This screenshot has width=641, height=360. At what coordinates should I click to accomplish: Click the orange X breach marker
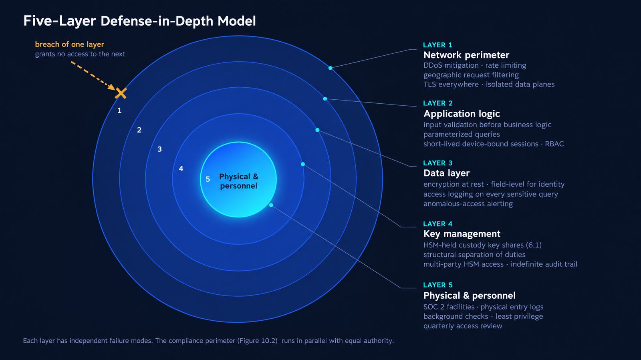pyautogui.click(x=121, y=93)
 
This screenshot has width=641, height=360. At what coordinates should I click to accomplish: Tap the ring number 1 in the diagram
pyautogui.click(x=119, y=111)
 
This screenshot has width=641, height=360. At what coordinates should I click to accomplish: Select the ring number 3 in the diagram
pyautogui.click(x=160, y=149)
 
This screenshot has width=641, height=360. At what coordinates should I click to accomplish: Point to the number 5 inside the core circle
pyautogui.click(x=208, y=179)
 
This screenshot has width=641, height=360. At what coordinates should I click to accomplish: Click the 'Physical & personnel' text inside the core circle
pyautogui.click(x=239, y=181)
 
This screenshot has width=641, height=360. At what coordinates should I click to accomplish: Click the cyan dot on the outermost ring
pyautogui.click(x=330, y=68)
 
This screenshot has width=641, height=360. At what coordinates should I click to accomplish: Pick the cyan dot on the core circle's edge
pyautogui.click(x=271, y=205)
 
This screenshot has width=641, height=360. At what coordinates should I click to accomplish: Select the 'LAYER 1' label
pyautogui.click(x=437, y=45)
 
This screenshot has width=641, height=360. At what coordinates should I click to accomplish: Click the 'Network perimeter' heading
pyautogui.click(x=466, y=55)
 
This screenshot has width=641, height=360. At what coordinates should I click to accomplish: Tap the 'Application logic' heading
pyautogui.click(x=462, y=113)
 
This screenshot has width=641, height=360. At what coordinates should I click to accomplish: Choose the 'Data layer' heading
pyautogui.click(x=446, y=173)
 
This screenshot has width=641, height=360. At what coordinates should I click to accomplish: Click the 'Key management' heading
pyautogui.click(x=462, y=233)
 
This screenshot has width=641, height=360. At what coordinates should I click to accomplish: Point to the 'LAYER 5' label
pyautogui.click(x=438, y=285)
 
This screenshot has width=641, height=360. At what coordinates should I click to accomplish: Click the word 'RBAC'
pyautogui.click(x=554, y=144)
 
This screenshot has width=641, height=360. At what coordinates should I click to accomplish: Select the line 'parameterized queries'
pyautogui.click(x=462, y=135)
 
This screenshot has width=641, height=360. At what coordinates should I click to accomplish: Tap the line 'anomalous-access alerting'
pyautogui.click(x=468, y=203)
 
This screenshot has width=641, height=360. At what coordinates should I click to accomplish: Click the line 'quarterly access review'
pyautogui.click(x=463, y=326)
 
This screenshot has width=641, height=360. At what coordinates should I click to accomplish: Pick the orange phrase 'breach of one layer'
pyautogui.click(x=70, y=44)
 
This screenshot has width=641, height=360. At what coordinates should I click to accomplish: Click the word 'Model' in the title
pyautogui.click(x=236, y=21)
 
